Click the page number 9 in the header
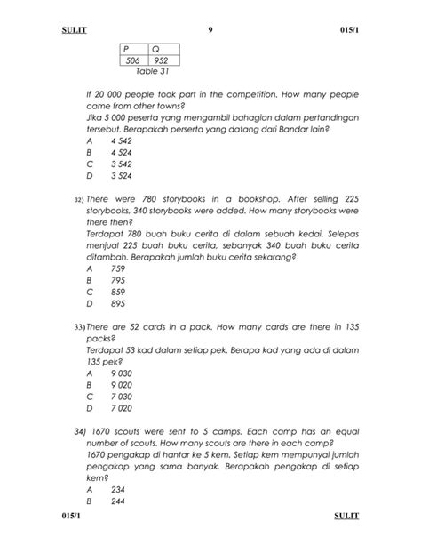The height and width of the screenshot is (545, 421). [x=210, y=31]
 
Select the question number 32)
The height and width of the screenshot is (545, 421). [x=77, y=200]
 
